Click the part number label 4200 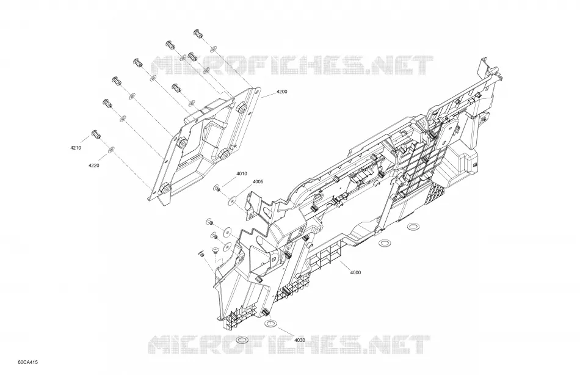(281, 92)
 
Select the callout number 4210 (75, 148)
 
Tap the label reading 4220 (93, 166)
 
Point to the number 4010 (242, 173)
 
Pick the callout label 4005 (258, 182)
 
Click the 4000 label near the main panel (355, 273)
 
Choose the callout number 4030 (300, 340)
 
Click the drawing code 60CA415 (27, 362)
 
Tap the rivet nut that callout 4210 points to (96, 134)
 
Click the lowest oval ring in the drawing (242, 340)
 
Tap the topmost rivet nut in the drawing (198, 34)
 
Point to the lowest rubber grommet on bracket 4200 (165, 189)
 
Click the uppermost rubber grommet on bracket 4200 (242, 107)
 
